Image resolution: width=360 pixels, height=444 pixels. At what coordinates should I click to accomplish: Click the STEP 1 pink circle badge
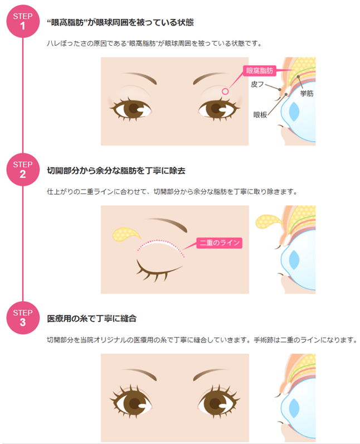23,21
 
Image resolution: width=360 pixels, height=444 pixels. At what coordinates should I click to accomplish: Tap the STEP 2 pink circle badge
23,170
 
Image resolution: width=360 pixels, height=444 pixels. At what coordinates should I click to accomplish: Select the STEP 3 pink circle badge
23,318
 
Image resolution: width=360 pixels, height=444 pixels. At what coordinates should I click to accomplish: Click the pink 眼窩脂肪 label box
259,70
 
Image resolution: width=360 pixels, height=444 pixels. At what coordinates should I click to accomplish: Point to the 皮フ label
257,84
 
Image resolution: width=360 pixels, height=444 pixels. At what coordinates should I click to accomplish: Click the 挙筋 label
307,94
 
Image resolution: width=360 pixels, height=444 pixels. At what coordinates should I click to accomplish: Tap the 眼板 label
260,115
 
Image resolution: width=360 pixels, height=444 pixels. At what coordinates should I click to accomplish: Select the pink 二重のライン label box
220,243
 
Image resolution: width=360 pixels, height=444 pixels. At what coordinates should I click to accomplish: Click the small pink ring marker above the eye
225,91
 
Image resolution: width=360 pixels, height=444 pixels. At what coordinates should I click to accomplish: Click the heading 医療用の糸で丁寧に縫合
91,318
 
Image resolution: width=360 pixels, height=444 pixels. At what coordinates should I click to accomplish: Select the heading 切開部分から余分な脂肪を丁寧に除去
116,171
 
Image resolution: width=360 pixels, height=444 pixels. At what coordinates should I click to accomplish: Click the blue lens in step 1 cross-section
294,112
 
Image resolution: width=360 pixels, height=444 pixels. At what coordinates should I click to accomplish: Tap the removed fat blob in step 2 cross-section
269,221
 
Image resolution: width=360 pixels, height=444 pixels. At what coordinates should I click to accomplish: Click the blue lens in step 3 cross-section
294,408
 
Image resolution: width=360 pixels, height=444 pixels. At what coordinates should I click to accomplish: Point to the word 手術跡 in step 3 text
263,340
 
